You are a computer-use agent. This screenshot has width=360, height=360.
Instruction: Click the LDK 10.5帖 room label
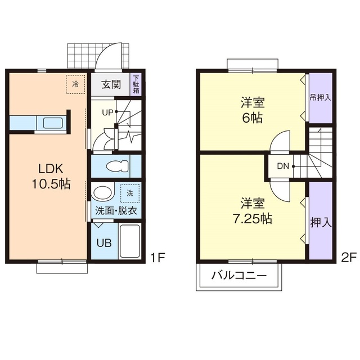tap(51, 176)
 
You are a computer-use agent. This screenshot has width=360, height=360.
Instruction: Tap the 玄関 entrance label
tap(111, 85)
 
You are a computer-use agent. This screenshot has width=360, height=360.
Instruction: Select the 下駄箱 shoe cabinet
tap(136, 84)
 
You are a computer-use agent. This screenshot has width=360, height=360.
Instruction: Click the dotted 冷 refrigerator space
tap(75, 84)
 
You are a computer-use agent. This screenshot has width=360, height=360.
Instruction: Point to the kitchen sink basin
tap(52, 123)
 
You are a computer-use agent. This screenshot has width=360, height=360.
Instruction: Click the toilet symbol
tap(118, 166)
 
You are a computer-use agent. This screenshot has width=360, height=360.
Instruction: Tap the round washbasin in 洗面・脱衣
tap(102, 193)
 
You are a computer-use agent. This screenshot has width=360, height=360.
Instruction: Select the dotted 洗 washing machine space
tap(130, 193)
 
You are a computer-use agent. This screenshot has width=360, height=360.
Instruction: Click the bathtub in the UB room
tap(130, 241)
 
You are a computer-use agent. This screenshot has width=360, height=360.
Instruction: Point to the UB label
tap(104, 243)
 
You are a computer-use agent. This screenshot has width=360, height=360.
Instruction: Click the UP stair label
tap(107, 112)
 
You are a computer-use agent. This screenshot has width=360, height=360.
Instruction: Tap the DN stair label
tap(283, 166)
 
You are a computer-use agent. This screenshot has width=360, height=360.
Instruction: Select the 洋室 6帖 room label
tap(253, 110)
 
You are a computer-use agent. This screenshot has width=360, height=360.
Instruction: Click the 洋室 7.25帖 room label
tap(253, 211)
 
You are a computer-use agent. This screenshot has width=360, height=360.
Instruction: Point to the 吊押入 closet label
tap(321, 98)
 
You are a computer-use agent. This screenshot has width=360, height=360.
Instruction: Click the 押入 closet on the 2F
tap(321, 221)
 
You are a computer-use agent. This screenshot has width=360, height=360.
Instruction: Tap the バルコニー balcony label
tap(239, 275)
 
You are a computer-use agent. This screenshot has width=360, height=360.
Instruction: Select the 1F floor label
tap(157, 258)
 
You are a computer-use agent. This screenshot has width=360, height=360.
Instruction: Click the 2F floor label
tap(349, 258)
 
